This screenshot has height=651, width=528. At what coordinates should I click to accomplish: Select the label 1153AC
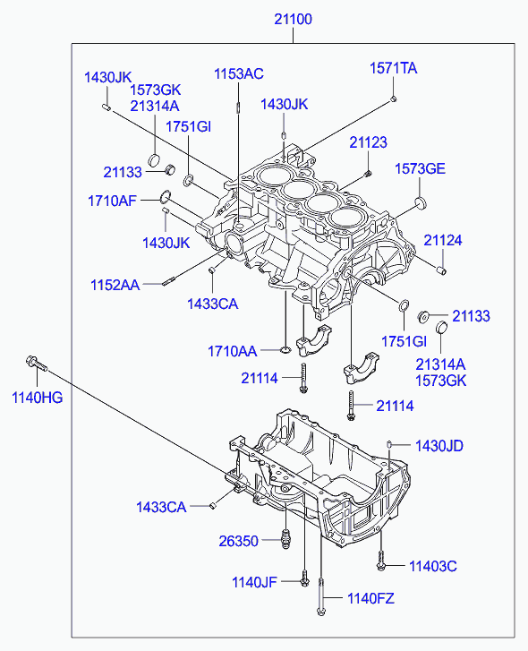point(238,74)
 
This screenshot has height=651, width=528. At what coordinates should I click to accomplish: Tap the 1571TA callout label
point(394,68)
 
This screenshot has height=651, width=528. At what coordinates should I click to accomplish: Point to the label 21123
point(368,142)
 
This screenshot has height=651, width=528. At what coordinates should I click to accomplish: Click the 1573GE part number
point(420,168)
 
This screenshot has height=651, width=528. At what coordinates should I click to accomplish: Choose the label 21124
point(443,240)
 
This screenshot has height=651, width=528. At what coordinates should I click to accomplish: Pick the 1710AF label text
point(112,201)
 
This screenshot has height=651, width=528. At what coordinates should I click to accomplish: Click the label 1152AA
point(115,286)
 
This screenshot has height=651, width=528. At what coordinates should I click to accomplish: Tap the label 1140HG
point(37,397)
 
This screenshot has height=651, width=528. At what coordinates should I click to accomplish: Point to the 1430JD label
point(439,445)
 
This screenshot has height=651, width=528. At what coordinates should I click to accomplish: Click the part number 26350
point(238,540)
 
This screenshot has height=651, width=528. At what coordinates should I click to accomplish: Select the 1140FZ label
point(370,598)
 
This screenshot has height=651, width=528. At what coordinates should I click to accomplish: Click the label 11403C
point(433,565)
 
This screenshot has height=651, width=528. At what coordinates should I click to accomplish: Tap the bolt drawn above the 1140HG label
point(33,363)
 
